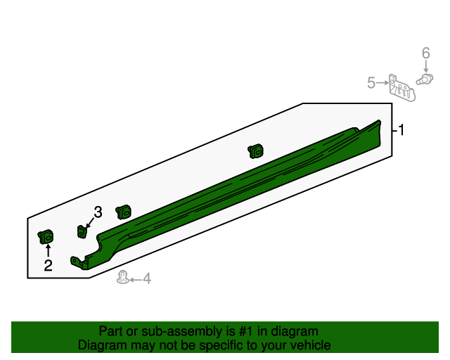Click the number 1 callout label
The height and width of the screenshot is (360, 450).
pyautogui.click(x=401, y=130)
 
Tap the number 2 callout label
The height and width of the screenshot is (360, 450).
pyautogui.click(x=48, y=265)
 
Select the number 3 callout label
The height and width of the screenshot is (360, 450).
pyautogui.click(x=98, y=212)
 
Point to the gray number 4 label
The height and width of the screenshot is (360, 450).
pyautogui.click(x=147, y=279)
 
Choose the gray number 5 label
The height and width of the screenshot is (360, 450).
pyautogui.click(x=371, y=84)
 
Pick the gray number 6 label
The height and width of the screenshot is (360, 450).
pyautogui.click(x=425, y=53)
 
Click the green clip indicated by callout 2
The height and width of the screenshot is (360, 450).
pyautogui.click(x=46, y=238)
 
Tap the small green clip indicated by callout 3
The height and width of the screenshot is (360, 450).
pyautogui.click(x=82, y=231)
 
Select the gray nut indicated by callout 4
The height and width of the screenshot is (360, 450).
pyautogui.click(x=123, y=277)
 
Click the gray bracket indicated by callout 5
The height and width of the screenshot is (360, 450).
pyautogui.click(x=401, y=88)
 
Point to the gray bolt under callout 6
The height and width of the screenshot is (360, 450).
pyautogui.click(x=424, y=79)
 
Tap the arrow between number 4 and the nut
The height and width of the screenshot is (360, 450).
pyautogui.click(x=136, y=279)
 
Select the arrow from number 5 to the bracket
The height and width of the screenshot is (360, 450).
pyautogui.click(x=383, y=84)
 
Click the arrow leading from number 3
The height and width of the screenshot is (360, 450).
pyautogui.click(x=90, y=221)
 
